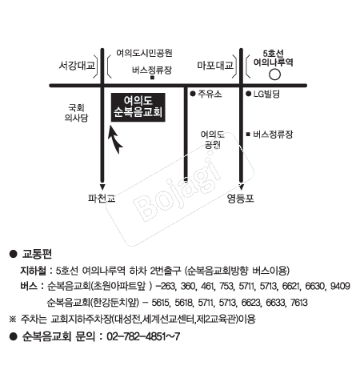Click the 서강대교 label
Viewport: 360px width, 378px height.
coord(77,65)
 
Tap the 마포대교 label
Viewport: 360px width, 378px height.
coord(215,65)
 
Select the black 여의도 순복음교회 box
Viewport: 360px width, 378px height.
coord(138,107)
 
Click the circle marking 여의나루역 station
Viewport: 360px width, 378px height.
coord(274,74)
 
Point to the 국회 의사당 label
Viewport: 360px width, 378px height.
coord(76,113)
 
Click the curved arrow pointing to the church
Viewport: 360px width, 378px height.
coord(114,140)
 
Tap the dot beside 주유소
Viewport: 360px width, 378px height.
coord(193,94)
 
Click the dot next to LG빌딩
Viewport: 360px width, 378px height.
coord(249,94)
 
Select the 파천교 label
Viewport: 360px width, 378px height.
coord(102,199)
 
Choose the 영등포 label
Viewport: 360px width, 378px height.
coord(241,199)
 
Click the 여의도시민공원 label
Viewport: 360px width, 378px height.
coord(144,53)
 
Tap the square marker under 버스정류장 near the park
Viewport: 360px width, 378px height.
coord(152,78)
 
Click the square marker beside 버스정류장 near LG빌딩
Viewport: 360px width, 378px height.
coord(248,134)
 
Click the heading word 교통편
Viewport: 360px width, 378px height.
coord(37,254)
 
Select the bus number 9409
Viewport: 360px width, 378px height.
coord(340,286)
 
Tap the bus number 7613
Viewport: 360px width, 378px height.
coord(299,303)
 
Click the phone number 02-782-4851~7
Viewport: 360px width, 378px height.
coord(143,336)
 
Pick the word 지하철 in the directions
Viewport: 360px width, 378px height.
coord(33,271)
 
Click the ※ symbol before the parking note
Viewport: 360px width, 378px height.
coord(13,319)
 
